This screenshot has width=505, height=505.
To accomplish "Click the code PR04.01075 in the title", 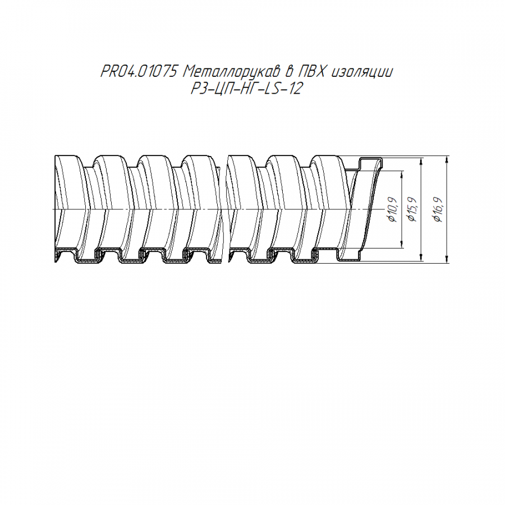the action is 139,71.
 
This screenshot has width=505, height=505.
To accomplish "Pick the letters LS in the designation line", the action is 271,89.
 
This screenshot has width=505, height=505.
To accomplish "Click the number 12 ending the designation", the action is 294,89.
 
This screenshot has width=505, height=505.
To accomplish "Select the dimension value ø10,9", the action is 393,209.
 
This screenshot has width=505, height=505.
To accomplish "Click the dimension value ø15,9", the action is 412,209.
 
